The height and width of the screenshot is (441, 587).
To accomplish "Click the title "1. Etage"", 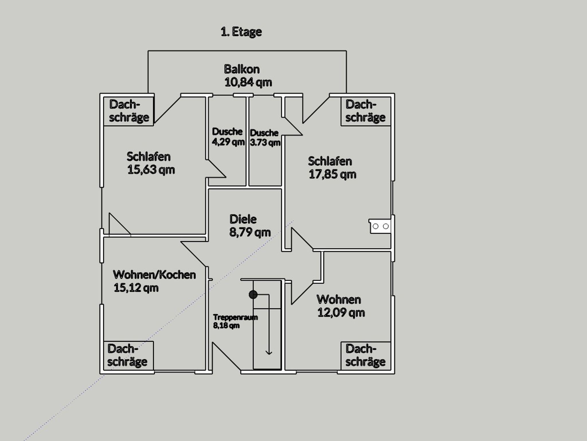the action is tap(241, 32).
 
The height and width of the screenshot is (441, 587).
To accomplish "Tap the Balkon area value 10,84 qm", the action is tap(248, 82).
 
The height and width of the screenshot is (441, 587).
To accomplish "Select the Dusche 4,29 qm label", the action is tap(228, 136).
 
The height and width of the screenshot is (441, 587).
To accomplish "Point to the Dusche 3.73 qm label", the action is tap(265, 138).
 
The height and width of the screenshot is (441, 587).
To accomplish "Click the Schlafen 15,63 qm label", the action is tap(151, 163).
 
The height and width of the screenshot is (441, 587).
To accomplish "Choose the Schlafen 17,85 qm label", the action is tap(332, 168).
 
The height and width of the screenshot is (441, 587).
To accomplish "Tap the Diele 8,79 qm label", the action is tap(250, 226).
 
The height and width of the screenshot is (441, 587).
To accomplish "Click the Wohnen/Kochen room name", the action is tap(154, 275).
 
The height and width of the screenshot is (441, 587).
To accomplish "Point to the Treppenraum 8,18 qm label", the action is tap(235, 321).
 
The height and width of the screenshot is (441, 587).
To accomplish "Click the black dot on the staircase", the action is tap(253, 294).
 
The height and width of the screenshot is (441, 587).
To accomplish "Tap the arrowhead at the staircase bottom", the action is tap(269, 352).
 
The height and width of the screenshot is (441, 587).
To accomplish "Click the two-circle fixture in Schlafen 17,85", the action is tap(380, 227).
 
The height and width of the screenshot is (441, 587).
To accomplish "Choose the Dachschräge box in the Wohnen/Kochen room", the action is tap(128, 356).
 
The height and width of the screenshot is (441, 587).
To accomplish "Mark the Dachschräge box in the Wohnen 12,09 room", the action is tap(366, 356).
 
